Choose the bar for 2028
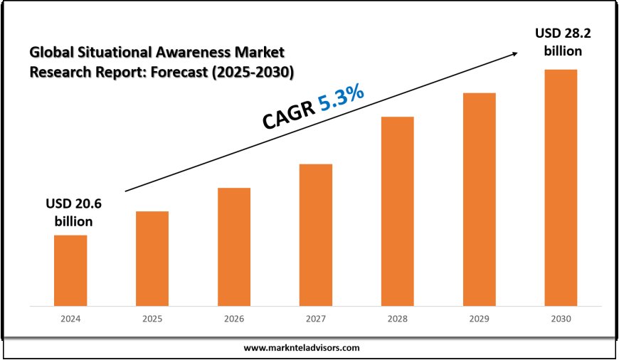coord(397,211)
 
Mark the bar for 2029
coord(479,199)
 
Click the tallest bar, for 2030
coord(561,188)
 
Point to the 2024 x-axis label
coord(70,321)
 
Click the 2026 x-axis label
coord(234,321)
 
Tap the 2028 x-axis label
coord(397,321)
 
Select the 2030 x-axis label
coord(561,321)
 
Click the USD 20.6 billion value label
coord(74,212)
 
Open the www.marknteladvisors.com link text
coord(302,348)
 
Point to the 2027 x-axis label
coord(316,321)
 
